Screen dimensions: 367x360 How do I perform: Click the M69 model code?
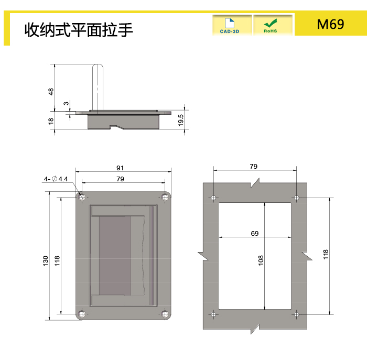(x=330, y=24)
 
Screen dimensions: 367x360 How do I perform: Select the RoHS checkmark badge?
(x=273, y=25)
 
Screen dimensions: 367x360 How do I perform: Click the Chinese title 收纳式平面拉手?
(x=79, y=30)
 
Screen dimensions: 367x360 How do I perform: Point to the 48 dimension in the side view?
(x=51, y=92)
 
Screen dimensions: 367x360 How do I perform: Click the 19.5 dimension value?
(x=180, y=120)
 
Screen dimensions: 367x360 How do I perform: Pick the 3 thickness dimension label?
(x=67, y=103)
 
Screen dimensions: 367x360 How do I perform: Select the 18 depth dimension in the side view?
(x=51, y=121)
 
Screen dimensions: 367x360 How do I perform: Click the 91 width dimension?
(x=120, y=168)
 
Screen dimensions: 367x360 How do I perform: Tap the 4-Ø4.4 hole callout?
(x=56, y=179)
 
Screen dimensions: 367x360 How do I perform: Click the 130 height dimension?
(x=46, y=261)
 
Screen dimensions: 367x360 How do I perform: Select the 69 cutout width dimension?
(x=255, y=233)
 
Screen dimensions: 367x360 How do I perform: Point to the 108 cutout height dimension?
(x=261, y=260)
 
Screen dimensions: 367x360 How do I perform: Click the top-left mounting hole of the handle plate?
(x=82, y=198)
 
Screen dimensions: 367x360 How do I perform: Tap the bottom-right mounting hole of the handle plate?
(x=165, y=314)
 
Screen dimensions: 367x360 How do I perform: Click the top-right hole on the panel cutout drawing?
(x=297, y=198)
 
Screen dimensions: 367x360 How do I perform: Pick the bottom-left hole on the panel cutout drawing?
(x=213, y=314)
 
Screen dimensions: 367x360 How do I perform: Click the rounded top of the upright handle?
(x=98, y=66)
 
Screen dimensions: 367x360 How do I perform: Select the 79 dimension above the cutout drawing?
(x=253, y=166)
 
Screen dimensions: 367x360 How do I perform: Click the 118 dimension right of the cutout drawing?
(x=326, y=254)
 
